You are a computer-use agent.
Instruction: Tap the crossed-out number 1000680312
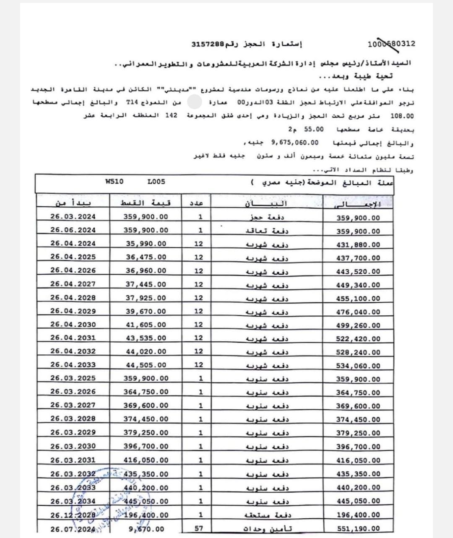tap(391, 44)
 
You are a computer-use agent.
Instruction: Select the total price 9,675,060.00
tap(297, 142)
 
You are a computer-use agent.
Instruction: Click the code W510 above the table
tap(115, 182)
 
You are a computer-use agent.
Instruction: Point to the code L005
tap(156, 182)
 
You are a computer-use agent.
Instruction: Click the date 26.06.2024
tap(73, 230)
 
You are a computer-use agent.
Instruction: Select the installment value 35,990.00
tap(146, 244)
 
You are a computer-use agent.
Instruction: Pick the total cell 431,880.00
tap(358, 245)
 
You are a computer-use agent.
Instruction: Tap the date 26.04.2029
tap(73, 311)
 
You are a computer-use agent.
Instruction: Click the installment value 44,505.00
tap(146, 365)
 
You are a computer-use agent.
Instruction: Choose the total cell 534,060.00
tap(358, 366)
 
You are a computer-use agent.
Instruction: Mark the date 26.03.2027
tap(73, 405)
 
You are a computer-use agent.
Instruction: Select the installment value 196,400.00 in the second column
tap(146, 515)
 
